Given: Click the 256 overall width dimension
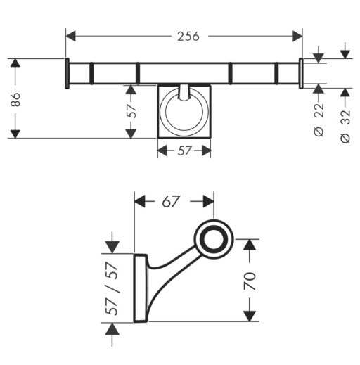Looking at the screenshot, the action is click(x=188, y=37).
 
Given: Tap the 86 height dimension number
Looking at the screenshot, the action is click(x=16, y=99).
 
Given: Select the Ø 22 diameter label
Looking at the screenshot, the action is click(x=319, y=120).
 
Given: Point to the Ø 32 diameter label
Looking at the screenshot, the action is click(x=345, y=126).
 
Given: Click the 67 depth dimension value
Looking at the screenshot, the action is click(x=171, y=201).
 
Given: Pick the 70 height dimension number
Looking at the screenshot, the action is click(x=250, y=281).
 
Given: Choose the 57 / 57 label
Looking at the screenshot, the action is click(x=111, y=288).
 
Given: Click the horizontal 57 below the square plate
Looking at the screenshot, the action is click(x=184, y=151).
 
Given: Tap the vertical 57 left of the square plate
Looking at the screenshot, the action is click(x=131, y=111).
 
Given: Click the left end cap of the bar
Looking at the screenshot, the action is click(x=67, y=73).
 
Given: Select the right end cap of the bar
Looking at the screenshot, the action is click(x=301, y=73).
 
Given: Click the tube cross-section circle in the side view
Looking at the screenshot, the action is click(x=214, y=239).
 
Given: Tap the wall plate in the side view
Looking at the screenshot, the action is click(x=141, y=288).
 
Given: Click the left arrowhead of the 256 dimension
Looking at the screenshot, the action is click(x=71, y=36).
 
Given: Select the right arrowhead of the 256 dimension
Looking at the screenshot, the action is click(x=297, y=36).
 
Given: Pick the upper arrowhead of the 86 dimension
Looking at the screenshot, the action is click(x=15, y=63).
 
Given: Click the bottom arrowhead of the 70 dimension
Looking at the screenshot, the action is click(x=250, y=316).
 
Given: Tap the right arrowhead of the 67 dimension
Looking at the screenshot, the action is click(x=208, y=201).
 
